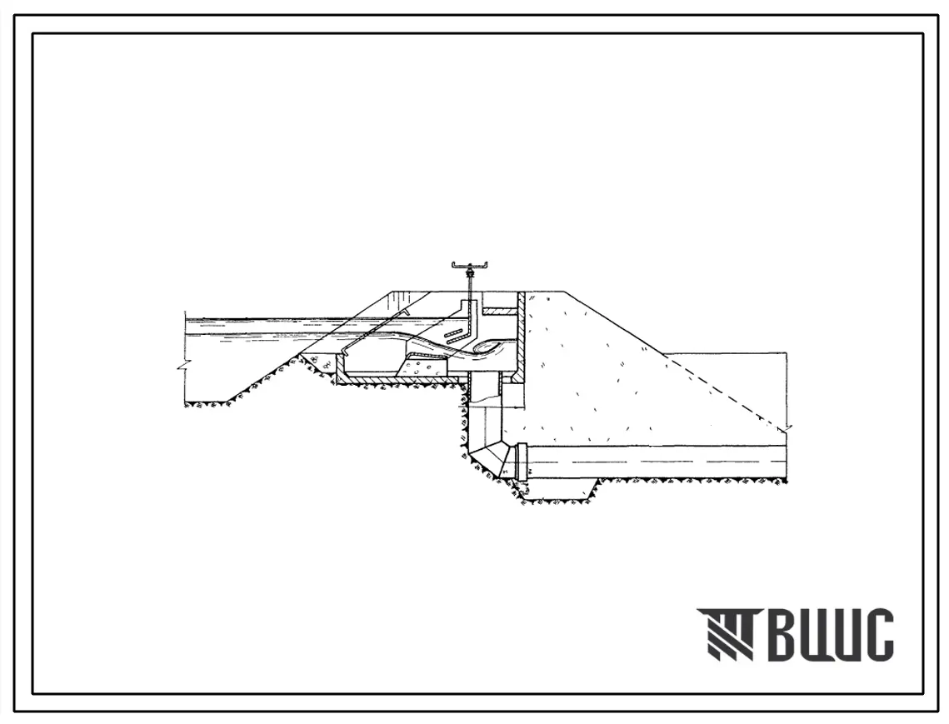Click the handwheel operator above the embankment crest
coord(470,265)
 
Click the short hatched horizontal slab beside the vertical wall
coord(499,311)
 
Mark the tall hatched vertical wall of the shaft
coord(520,335)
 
